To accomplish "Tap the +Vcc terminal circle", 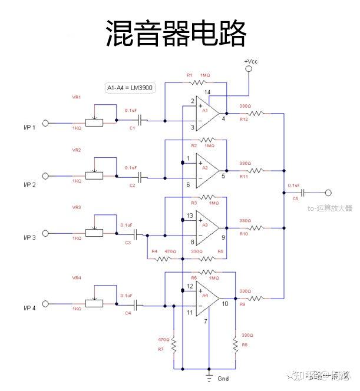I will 249,69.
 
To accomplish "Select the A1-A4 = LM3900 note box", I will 130,87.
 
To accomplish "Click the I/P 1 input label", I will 29,127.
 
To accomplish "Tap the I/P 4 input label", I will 29,308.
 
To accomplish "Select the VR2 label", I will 77,150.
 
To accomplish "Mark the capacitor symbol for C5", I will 303,193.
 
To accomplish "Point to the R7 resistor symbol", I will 174,347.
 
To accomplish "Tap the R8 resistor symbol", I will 236,346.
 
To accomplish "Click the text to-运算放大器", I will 330,208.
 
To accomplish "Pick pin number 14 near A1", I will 207,92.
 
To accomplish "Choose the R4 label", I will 154,251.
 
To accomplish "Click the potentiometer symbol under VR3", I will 94,233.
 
